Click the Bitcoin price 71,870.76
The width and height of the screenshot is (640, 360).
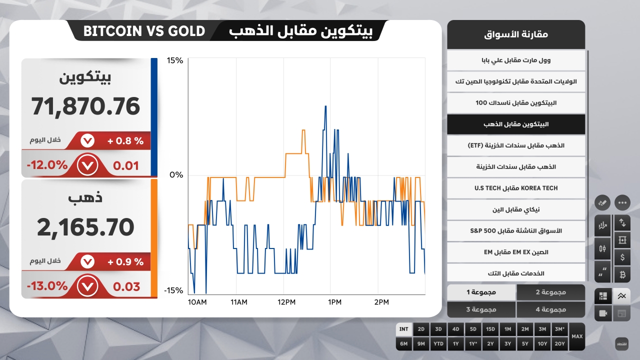85,106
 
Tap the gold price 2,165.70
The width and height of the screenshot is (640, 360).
85,227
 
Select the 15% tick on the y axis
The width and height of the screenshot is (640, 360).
175,60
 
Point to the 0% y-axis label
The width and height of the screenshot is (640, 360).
176,175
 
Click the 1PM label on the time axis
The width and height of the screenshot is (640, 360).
334,302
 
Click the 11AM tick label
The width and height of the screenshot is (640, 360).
238,302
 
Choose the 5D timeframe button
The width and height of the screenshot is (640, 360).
473,329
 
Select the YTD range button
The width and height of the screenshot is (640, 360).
438,343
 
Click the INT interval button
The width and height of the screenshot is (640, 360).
404,329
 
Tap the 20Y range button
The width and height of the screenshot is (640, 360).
559,343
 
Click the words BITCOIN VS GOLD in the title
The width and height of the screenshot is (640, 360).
144,31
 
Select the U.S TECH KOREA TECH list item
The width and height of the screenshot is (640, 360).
516,188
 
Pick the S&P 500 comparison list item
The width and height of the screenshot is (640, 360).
516,230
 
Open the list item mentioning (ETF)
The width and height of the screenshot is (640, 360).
516,145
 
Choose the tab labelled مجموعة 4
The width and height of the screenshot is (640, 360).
550,309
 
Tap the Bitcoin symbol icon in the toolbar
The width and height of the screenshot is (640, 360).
622,274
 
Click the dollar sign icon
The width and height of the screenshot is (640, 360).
622,257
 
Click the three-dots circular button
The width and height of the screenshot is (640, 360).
622,203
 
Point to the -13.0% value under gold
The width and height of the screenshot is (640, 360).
47,286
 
